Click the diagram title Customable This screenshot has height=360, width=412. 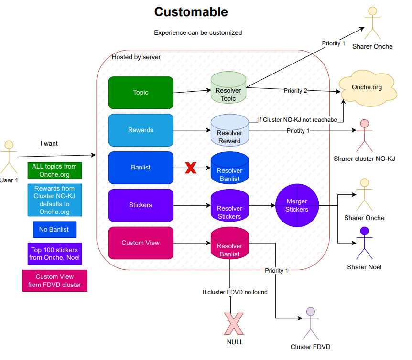[x=191, y=12]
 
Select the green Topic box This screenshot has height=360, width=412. [x=141, y=92]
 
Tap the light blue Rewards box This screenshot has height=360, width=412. [x=141, y=130]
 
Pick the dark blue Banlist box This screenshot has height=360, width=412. [x=141, y=168]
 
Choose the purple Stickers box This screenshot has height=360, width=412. [x=141, y=205]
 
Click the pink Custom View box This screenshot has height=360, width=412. [x=141, y=243]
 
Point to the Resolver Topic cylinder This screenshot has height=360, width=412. [x=228, y=88]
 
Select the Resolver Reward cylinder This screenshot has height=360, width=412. [x=229, y=130]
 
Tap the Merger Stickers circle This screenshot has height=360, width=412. [x=297, y=205]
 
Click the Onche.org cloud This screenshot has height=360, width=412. [x=367, y=87]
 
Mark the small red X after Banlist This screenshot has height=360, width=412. [x=191, y=168]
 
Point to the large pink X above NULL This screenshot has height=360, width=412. [x=235, y=323]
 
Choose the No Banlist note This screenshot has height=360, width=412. [x=54, y=229]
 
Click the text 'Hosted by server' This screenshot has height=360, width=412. [x=136, y=57]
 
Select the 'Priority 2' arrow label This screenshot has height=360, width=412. [x=295, y=91]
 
